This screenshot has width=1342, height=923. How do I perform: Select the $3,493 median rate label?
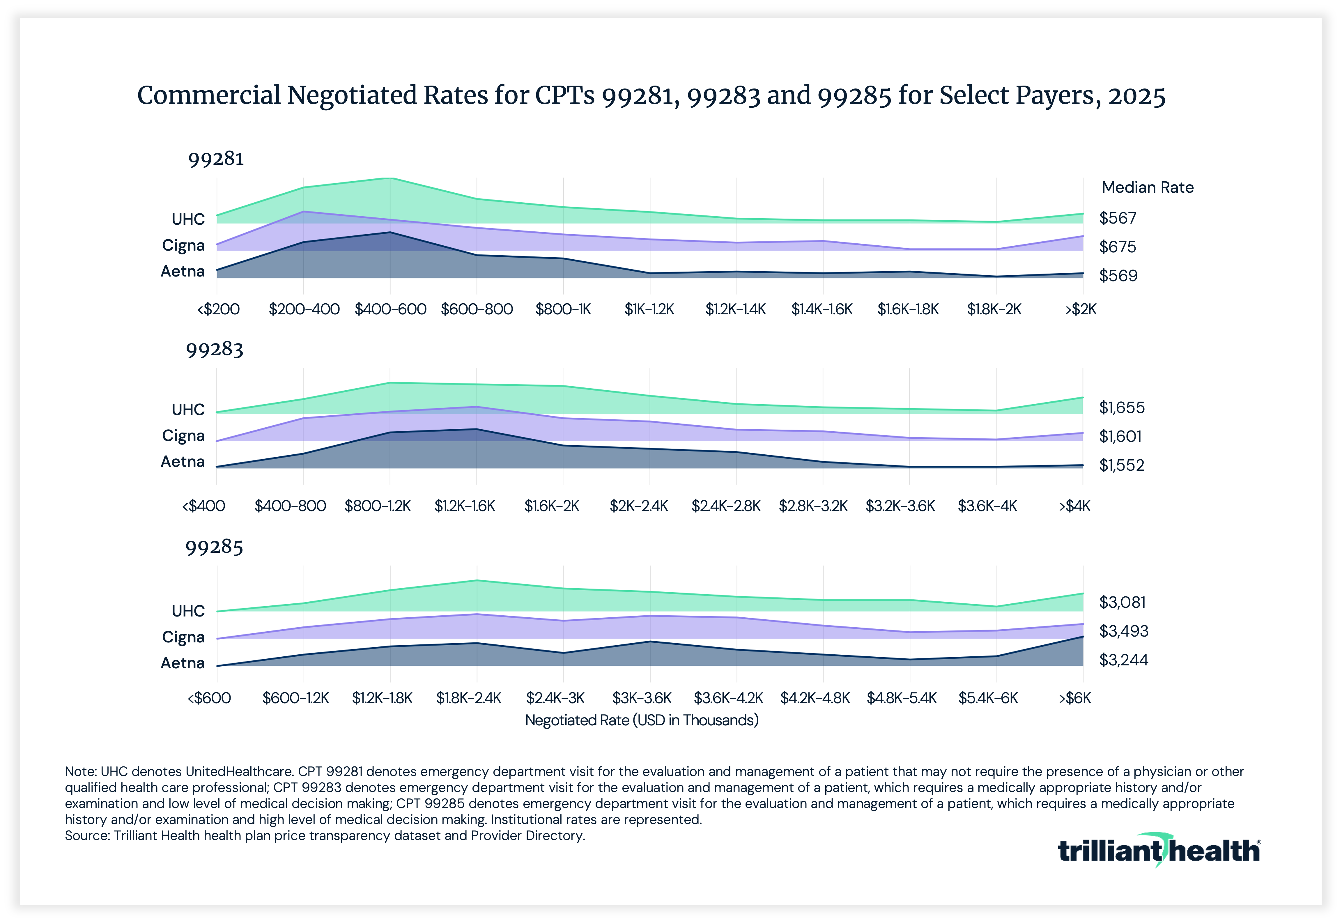tap(1123, 631)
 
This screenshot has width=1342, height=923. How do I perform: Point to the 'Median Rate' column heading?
tap(1147, 187)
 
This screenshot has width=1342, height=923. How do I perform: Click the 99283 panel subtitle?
tap(215, 349)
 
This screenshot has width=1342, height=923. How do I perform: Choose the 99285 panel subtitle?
tap(214, 547)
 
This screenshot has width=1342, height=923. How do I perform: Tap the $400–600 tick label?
tap(390, 309)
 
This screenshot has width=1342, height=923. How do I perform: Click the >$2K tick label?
tap(1081, 309)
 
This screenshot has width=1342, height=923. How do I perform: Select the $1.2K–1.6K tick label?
tap(465, 506)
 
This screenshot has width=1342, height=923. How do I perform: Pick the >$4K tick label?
tap(1074, 506)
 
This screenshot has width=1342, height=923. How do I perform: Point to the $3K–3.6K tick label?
tap(642, 698)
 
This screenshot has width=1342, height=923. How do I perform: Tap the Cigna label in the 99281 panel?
tap(183, 245)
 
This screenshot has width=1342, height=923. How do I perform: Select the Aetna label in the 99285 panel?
tap(183, 663)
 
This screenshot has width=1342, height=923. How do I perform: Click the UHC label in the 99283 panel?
tap(188, 410)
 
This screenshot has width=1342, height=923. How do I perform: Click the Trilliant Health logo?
tap(1159, 851)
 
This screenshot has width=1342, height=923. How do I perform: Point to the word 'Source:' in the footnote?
tap(87, 836)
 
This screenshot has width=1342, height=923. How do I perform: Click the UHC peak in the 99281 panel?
tap(390, 178)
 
